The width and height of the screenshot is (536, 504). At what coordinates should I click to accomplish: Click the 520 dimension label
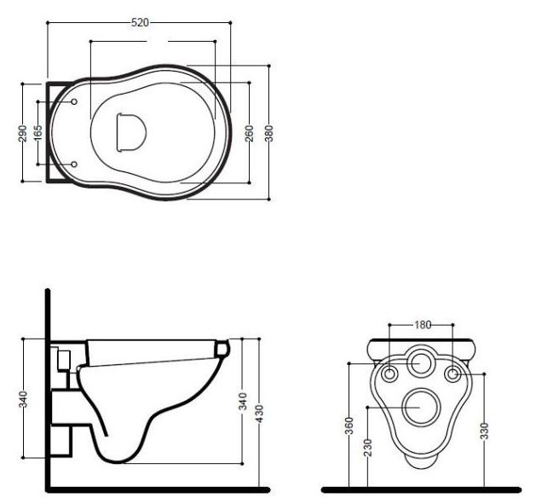[x=140, y=22]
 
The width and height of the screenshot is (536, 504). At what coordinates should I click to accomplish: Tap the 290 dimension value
[x=22, y=133]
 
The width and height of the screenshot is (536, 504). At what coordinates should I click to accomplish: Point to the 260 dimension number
[x=250, y=133]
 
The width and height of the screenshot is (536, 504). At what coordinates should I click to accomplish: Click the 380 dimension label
[x=269, y=133]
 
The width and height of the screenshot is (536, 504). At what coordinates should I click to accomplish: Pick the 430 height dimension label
[x=259, y=414]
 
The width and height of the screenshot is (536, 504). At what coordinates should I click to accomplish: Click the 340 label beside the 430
[x=242, y=402]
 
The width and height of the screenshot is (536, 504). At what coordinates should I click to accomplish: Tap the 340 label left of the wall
[x=23, y=399]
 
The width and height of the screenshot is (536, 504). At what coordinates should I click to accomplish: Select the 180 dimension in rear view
[x=423, y=325]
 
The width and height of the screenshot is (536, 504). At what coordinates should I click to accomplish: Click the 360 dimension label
[x=349, y=426]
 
